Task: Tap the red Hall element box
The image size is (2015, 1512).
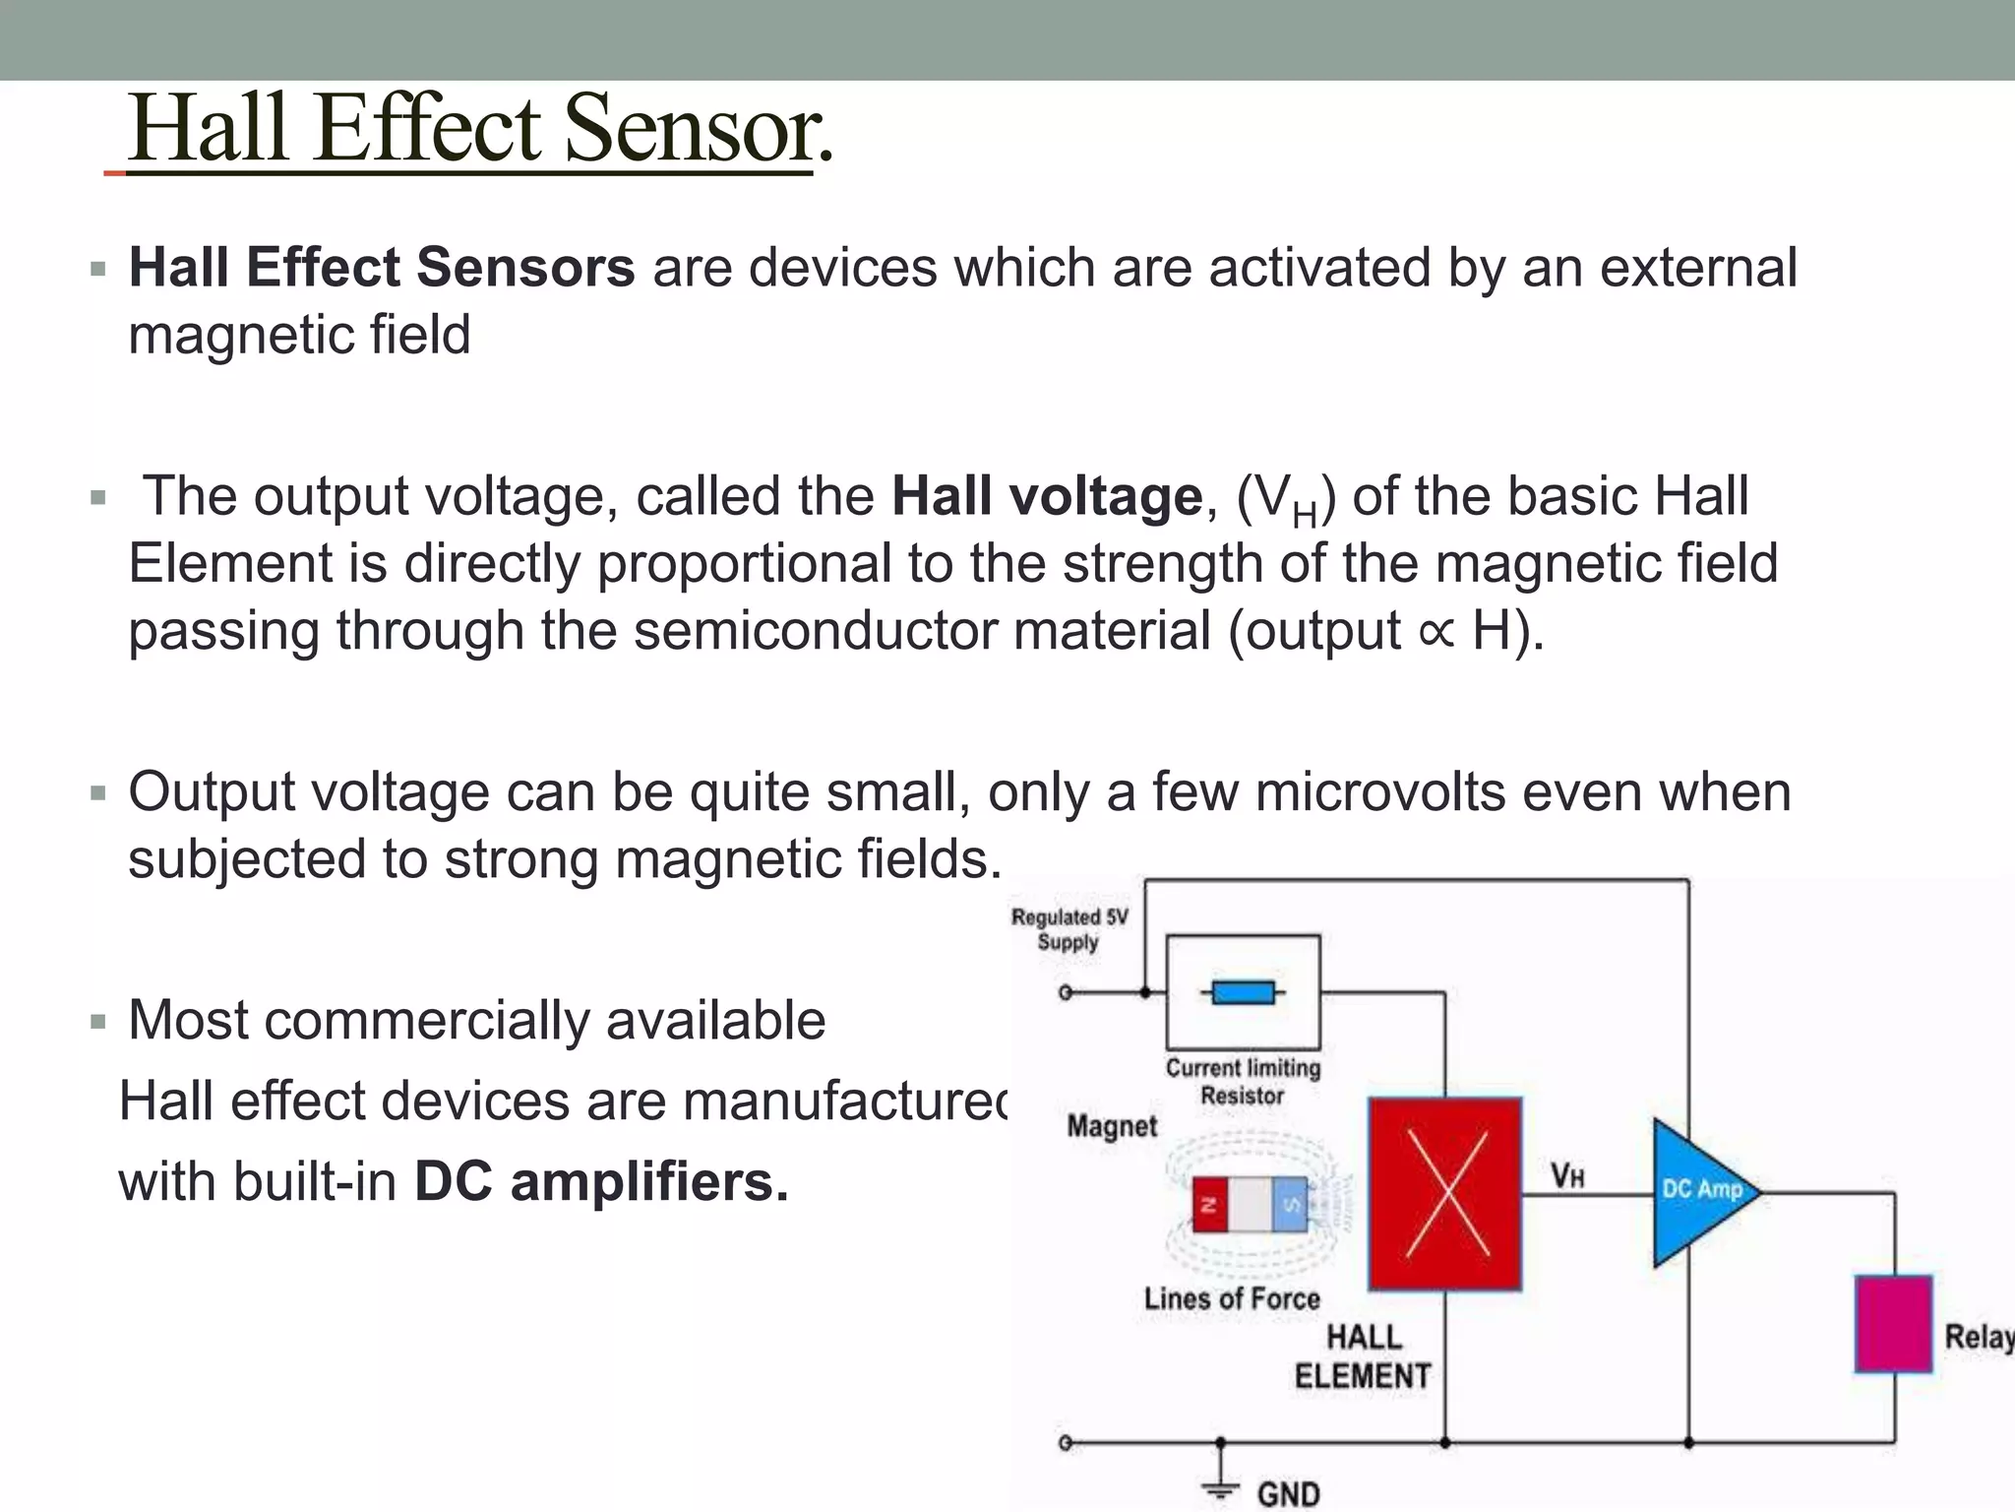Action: (x=1444, y=1193)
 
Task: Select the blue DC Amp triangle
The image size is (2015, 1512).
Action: (x=1697, y=1191)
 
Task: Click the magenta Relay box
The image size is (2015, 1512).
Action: (x=1893, y=1323)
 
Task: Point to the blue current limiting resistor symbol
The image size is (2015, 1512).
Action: (x=1243, y=992)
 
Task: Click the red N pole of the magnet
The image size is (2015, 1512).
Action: (x=1210, y=1204)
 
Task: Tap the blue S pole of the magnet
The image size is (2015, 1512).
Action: (x=1290, y=1204)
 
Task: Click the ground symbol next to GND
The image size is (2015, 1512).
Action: (x=1220, y=1487)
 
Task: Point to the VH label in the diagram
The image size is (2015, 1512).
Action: (x=1567, y=1175)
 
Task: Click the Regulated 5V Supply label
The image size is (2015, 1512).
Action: (x=1069, y=929)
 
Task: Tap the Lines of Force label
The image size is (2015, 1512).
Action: (x=1231, y=1298)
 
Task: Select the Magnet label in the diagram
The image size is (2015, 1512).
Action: (x=1112, y=1126)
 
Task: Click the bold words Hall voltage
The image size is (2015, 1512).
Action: (x=1046, y=496)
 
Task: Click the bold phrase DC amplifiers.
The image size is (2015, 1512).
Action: (x=601, y=1181)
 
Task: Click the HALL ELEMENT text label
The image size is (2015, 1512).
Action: (x=1363, y=1356)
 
